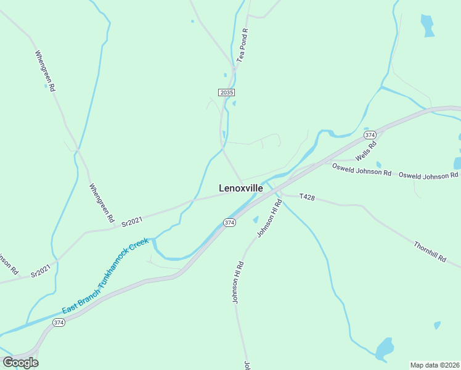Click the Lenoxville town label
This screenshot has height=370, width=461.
[241, 188]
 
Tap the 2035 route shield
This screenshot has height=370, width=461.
[226, 92]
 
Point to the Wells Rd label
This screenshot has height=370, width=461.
[366, 149]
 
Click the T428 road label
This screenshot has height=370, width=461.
[307, 197]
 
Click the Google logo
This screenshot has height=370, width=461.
[20, 362]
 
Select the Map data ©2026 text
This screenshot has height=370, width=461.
[434, 365]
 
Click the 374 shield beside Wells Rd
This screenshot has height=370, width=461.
[370, 134]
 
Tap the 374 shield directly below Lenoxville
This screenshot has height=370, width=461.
[229, 222]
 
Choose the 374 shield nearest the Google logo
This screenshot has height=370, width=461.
[59, 323]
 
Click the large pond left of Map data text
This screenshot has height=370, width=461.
[385, 348]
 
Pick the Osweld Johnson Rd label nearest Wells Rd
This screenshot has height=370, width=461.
[362, 170]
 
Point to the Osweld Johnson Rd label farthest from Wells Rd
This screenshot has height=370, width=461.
[428, 176]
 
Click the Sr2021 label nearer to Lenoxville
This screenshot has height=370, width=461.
[132, 222]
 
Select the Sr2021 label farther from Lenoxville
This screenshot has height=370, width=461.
[41, 271]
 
